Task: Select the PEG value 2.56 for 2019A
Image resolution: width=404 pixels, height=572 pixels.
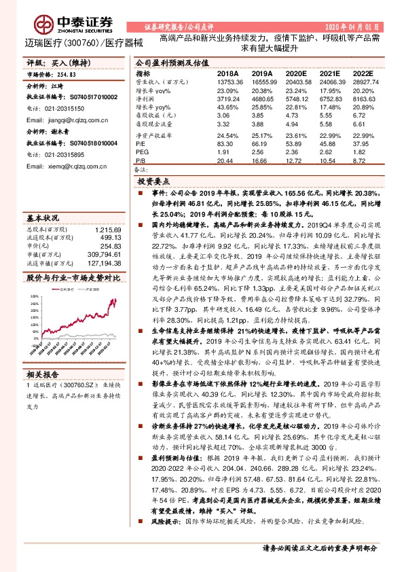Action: click(x=261, y=153)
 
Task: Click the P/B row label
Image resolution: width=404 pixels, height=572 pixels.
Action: click(x=141, y=162)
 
